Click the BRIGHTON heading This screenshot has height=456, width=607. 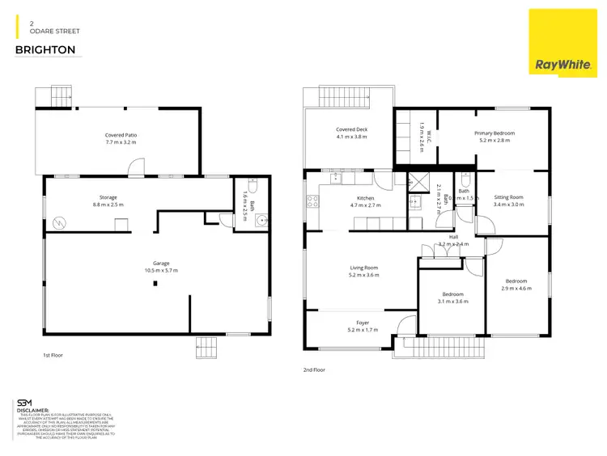point(45,50)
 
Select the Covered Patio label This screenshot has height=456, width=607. point(121,135)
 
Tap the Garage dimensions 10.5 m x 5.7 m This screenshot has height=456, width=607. point(160,270)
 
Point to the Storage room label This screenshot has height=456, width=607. point(108,197)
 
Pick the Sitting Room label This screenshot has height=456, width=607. point(510,197)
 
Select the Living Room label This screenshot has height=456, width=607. point(363,268)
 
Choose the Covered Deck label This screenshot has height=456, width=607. point(351,129)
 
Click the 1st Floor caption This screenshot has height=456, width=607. point(52,355)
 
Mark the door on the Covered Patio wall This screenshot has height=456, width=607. point(137,167)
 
